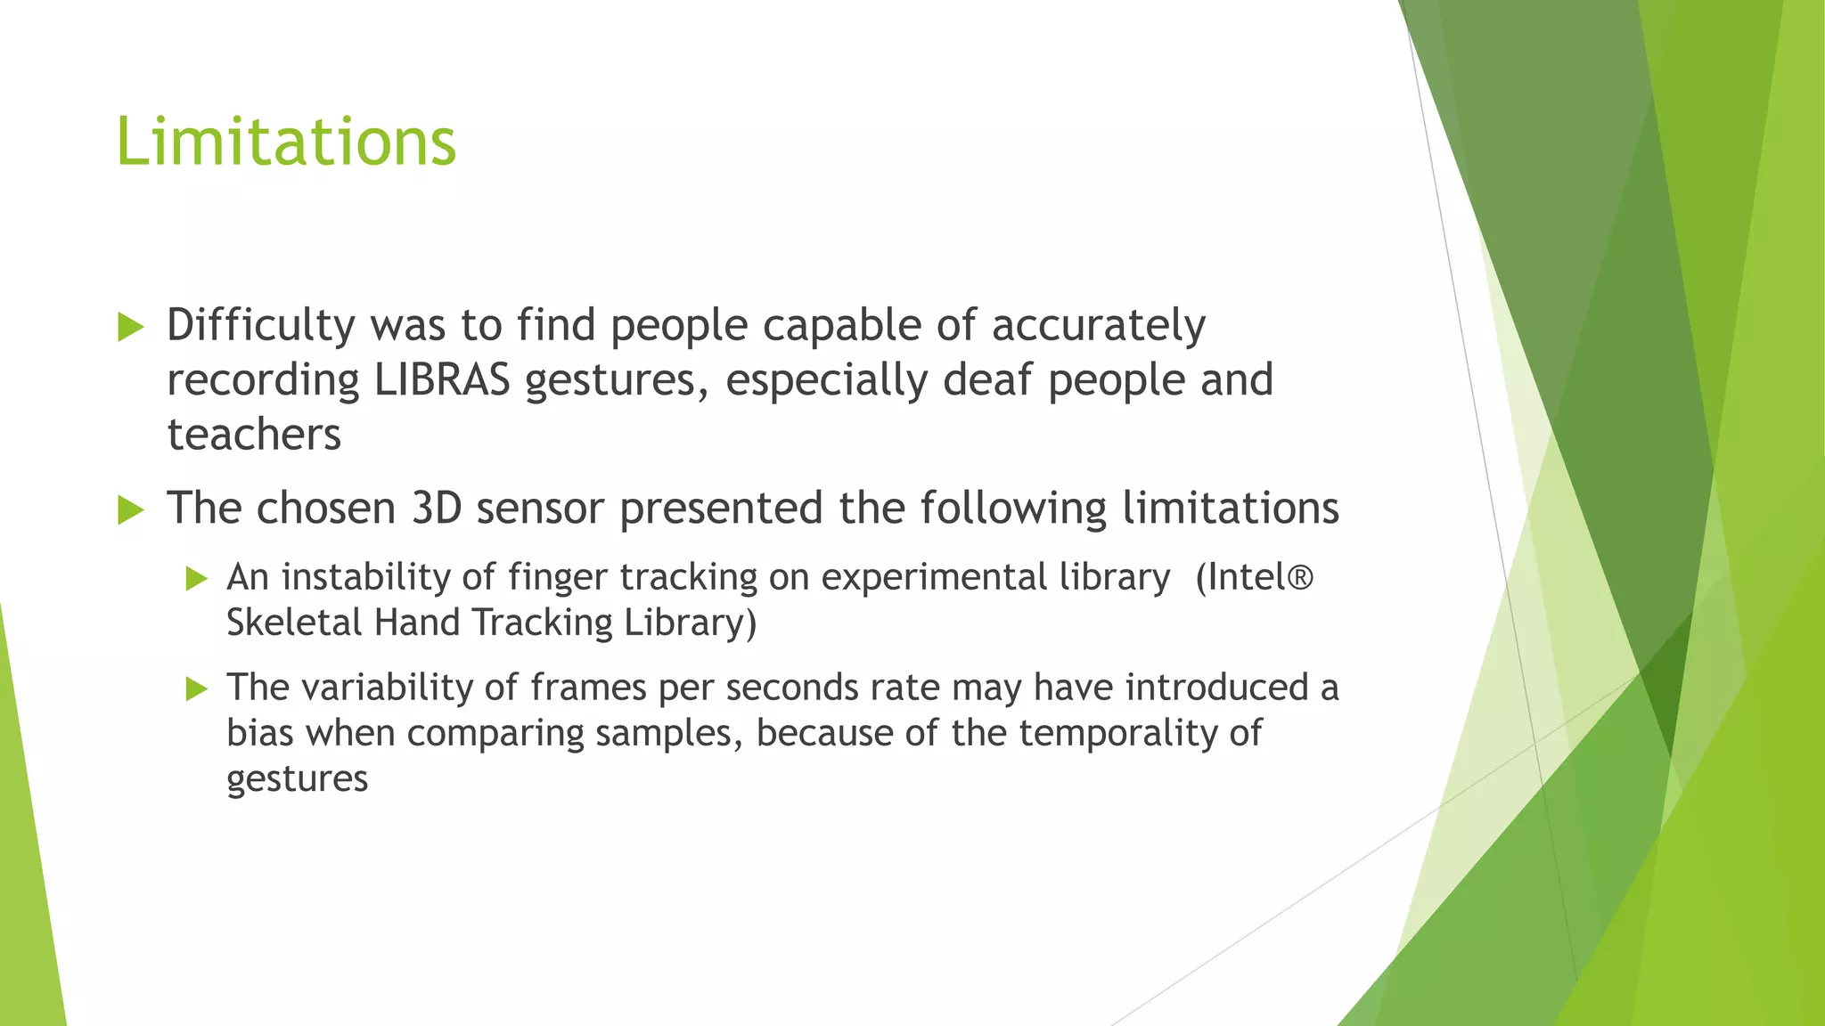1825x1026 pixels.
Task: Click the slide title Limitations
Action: [286, 142]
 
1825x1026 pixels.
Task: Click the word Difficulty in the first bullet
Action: [261, 326]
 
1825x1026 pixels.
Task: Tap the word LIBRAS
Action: [442, 380]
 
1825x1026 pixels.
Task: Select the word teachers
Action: [254, 436]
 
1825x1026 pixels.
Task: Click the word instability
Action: [364, 578]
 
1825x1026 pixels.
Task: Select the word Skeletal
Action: [294, 623]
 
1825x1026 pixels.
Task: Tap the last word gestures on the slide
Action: [297, 779]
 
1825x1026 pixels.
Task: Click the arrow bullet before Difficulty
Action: [131, 328]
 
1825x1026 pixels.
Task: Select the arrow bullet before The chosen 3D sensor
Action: [131, 510]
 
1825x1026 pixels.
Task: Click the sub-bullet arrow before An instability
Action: [196, 580]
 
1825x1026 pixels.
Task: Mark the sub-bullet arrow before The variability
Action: [196, 689]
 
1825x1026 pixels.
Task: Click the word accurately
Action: [1098, 326]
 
